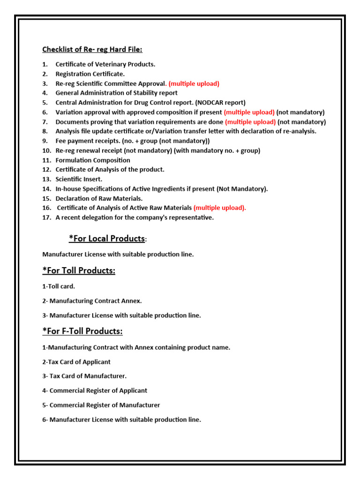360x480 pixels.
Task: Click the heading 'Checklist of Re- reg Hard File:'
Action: coord(92,49)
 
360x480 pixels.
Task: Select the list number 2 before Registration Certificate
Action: coord(45,74)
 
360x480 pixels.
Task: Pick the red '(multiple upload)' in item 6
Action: coord(249,112)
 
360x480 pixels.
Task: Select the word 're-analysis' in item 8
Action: coord(299,131)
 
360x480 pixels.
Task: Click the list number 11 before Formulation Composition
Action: coord(46,160)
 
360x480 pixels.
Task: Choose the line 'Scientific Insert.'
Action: coord(79,179)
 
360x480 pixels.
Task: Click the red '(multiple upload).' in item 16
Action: coord(219,208)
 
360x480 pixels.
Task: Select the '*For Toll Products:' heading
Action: coord(79,270)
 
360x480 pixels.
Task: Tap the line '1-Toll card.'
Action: coord(59,286)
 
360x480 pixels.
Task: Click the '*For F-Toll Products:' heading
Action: coord(82,331)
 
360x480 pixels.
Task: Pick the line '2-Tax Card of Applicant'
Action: coord(76,362)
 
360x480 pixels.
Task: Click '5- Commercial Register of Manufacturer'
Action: coord(101,405)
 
